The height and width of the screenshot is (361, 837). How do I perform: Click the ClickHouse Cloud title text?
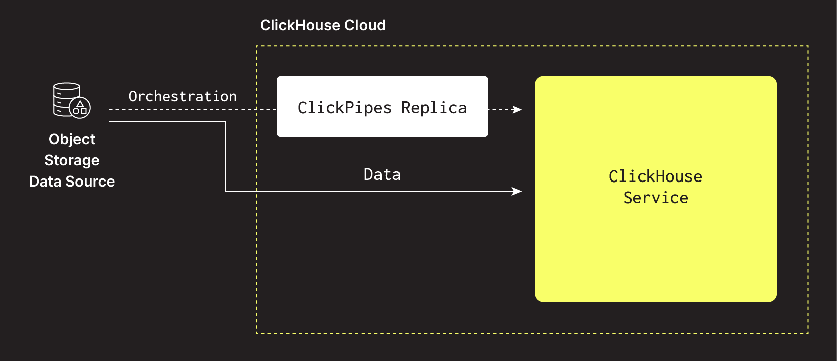click(322, 25)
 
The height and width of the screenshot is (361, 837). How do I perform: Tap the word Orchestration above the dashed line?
click(182, 96)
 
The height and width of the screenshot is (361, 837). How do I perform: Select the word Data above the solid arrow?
click(382, 174)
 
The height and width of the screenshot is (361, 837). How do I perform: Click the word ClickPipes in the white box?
click(344, 108)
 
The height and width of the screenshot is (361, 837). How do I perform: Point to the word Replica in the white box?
click(434, 108)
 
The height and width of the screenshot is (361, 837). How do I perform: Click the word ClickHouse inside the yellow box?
click(655, 176)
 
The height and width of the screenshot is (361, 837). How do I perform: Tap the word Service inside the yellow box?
click(655, 198)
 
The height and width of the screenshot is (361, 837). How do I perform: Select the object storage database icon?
click(71, 100)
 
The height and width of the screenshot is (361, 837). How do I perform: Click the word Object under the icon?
click(72, 139)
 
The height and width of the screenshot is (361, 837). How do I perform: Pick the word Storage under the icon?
click(72, 160)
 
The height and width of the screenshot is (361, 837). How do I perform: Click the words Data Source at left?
click(72, 182)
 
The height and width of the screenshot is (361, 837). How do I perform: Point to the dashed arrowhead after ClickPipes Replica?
click(517, 109)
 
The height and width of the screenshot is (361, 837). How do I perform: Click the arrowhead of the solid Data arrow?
click(517, 191)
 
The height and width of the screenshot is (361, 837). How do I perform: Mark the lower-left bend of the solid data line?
click(226, 191)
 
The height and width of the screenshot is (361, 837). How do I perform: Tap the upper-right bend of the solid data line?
click(226, 121)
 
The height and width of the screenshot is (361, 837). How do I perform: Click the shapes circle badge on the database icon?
click(80, 108)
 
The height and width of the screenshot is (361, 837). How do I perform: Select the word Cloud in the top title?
click(365, 25)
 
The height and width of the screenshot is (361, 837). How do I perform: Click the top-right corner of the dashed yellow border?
click(808, 46)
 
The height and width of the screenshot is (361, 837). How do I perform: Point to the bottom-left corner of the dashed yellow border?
click(257, 333)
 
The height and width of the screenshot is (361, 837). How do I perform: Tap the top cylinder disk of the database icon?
click(66, 87)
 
